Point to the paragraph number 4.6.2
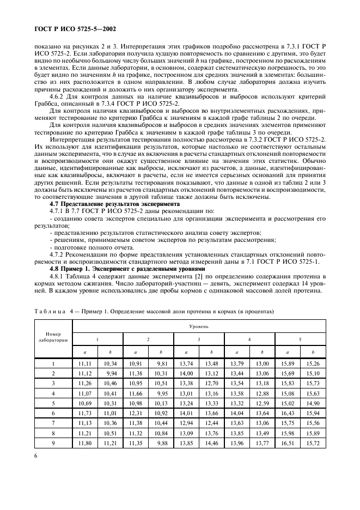pos(57,96)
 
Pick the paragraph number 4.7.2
pos(57,254)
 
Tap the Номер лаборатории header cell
pos(53,337)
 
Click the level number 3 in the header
pos(198,339)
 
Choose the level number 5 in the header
pos(300,339)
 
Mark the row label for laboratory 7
pos(53,422)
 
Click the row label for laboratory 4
pos(53,393)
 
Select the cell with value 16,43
pos(288,412)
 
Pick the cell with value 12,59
pos(262,403)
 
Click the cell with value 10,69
pos(84,403)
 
